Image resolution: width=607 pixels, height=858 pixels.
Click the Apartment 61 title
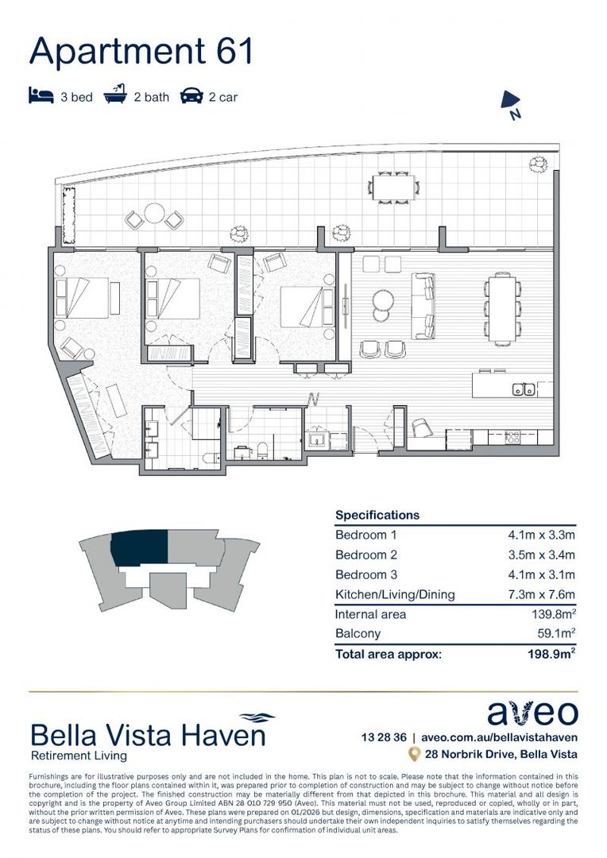click(x=141, y=51)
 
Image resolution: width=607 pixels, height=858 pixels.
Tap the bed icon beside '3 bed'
click(x=41, y=97)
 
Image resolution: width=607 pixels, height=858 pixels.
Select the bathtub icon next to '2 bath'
click(x=116, y=96)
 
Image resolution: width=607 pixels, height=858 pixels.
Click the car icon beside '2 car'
click(x=191, y=97)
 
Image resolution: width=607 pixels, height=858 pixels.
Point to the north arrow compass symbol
click(x=511, y=104)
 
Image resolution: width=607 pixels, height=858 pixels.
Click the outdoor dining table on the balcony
click(x=394, y=187)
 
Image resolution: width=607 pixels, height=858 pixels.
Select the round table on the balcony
click(x=153, y=214)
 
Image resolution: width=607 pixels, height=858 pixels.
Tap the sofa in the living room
click(x=423, y=306)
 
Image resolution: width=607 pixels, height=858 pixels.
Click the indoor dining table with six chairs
click(x=501, y=308)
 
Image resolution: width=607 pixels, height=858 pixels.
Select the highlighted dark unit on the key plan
click(x=140, y=549)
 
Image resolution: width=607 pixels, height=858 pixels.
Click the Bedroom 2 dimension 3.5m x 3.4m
click(x=541, y=555)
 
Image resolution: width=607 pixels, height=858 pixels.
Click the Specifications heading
click(x=377, y=515)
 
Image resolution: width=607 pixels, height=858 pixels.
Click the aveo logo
click(x=532, y=713)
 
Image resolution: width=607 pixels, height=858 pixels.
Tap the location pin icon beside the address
click(x=413, y=753)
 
